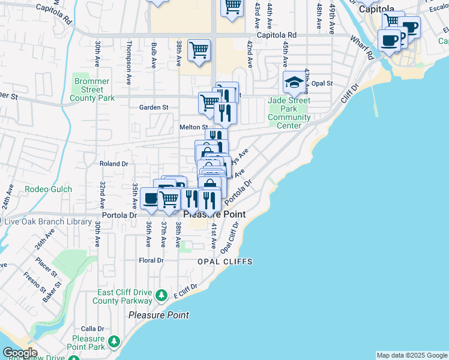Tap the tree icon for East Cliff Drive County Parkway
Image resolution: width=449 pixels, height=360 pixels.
pos(161,295)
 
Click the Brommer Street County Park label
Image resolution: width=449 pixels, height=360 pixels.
pos(92,89)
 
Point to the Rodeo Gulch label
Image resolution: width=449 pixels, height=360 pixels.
pos(48,190)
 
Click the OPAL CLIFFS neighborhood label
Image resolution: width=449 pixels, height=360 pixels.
pos(225,262)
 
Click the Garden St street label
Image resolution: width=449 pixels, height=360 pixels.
pos(154,107)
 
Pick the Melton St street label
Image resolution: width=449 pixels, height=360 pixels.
pos(193,127)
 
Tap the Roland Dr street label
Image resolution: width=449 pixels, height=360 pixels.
pos(114,163)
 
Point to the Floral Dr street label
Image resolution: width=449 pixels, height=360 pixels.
pos(151,260)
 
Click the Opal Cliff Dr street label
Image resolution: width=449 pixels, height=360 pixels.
pos(229,238)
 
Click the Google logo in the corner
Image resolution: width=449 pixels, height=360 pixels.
pos(20,353)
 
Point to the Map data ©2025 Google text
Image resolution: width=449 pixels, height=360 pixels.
pos(411,355)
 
